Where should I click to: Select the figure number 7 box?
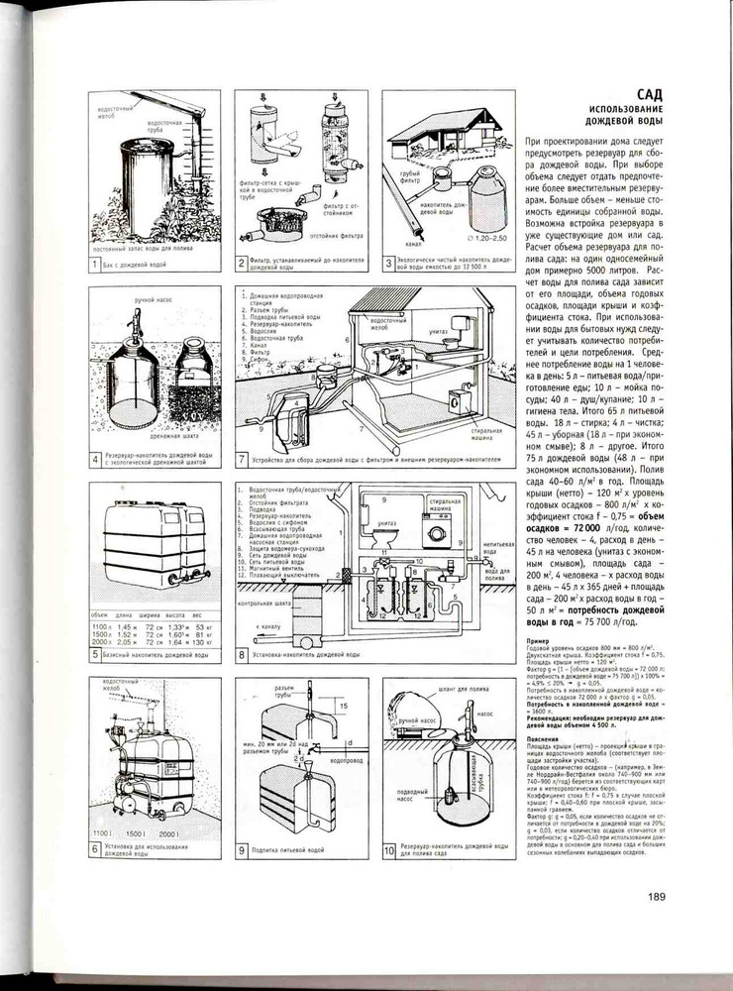click(x=243, y=459)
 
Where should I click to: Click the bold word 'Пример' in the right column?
click(x=536, y=642)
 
